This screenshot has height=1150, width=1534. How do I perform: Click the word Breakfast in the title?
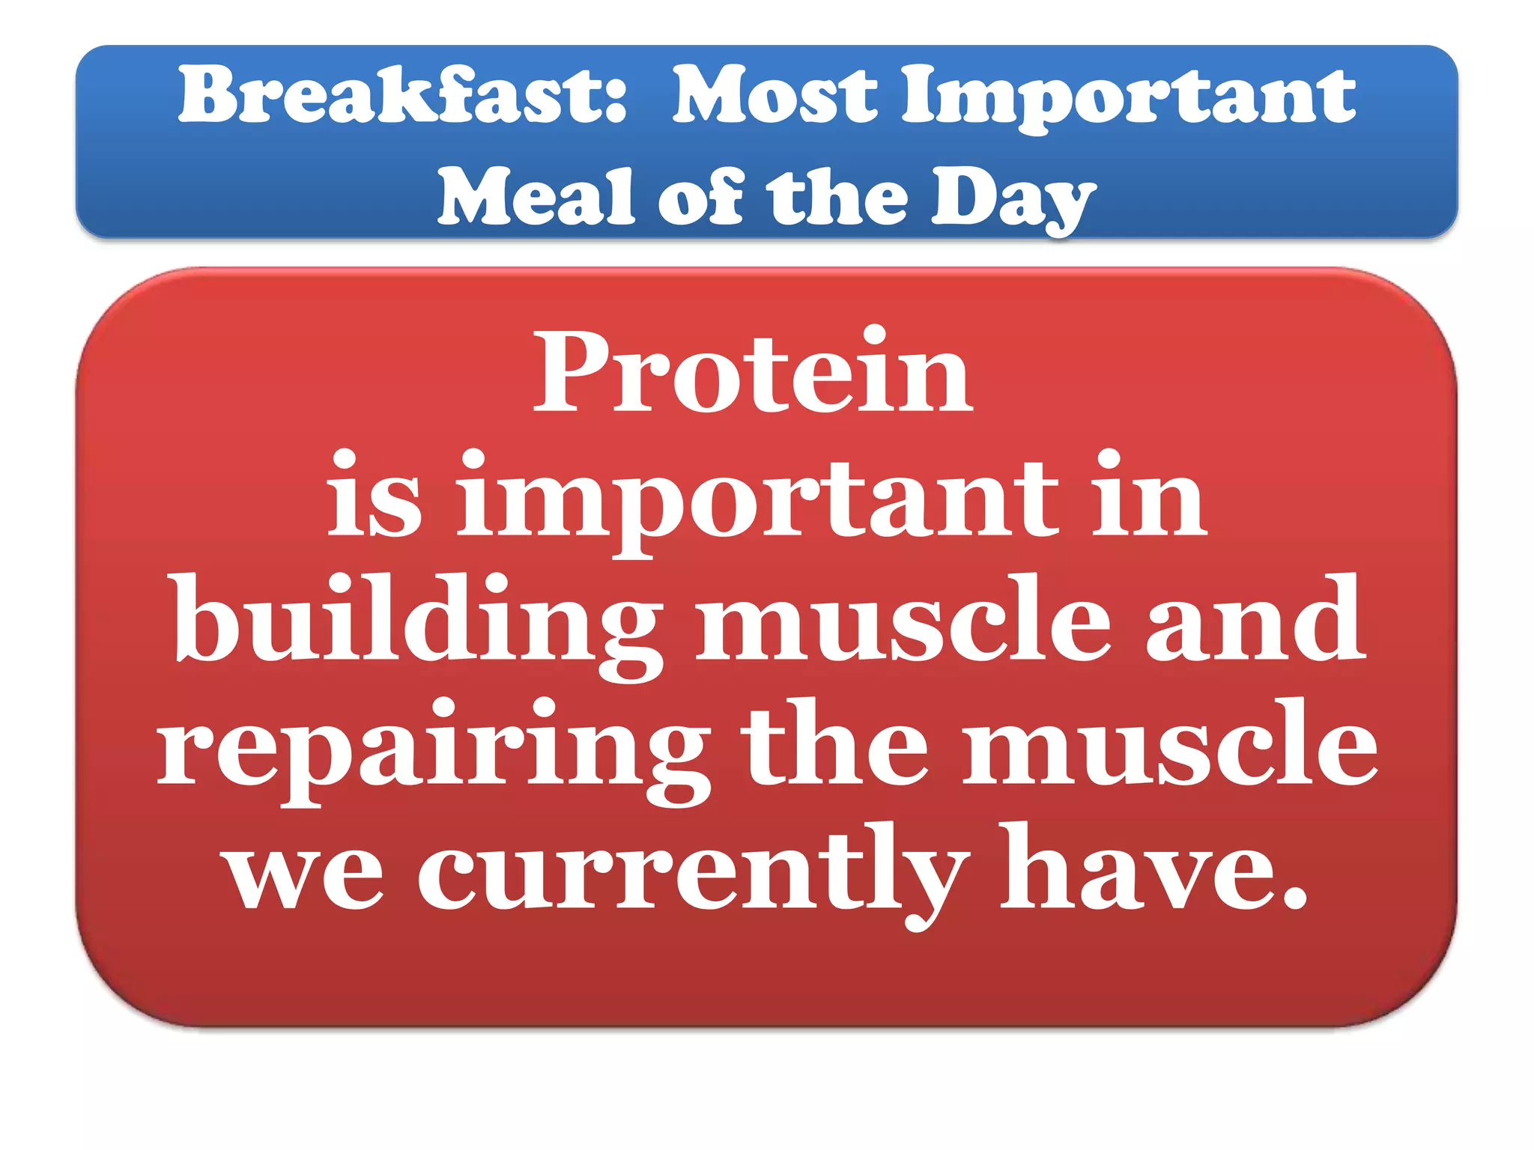[x=389, y=95]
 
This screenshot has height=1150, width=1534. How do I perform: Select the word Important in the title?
[x=1128, y=97]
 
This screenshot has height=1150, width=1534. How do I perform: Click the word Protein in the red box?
[x=753, y=372]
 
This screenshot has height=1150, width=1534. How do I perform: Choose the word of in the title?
[x=700, y=196]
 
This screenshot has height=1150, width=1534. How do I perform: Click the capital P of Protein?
[x=569, y=372]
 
